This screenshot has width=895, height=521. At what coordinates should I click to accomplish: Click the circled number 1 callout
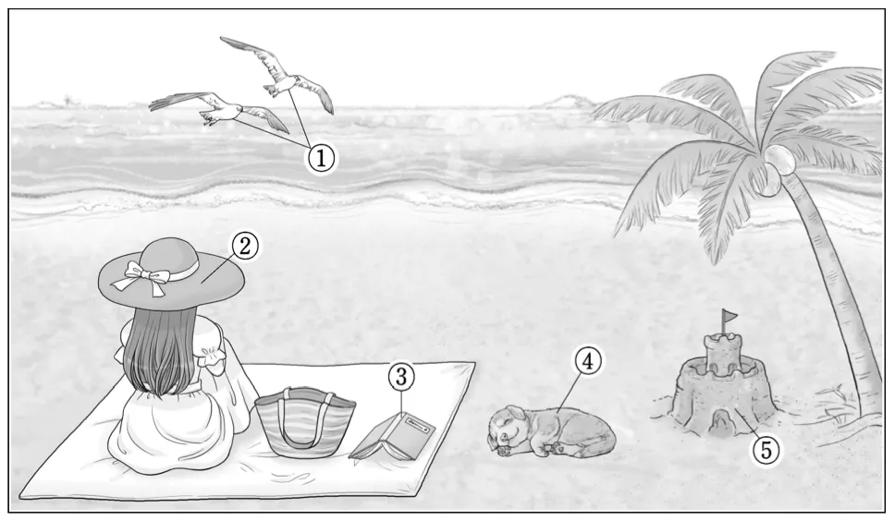coord(322,158)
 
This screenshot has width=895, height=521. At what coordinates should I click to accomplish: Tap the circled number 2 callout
coord(245,246)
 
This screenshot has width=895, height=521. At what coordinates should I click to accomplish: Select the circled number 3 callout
coord(401,376)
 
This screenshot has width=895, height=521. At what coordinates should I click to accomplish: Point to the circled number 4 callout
coord(588,360)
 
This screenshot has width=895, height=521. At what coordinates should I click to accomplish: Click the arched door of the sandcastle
coord(720,423)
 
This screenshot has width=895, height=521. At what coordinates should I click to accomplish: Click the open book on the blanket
coord(393,436)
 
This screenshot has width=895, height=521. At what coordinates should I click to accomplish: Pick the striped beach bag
coord(305,422)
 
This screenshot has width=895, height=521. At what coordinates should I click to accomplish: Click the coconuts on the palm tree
coord(775,166)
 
